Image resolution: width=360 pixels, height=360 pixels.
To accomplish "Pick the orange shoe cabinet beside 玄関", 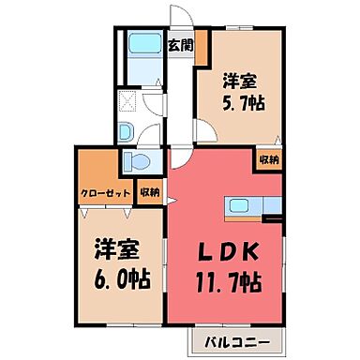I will (201, 48).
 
